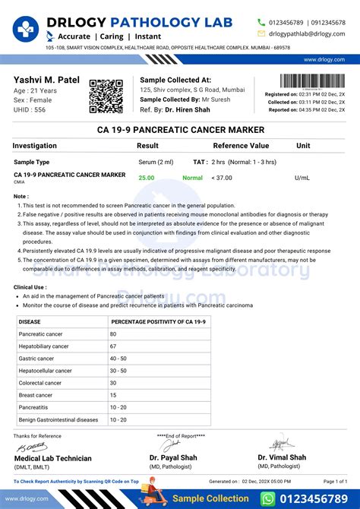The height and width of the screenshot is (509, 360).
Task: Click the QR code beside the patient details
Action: click(x=106, y=96)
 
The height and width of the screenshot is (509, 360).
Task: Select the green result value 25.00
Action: click(x=146, y=178)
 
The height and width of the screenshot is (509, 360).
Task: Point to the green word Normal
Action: click(x=192, y=178)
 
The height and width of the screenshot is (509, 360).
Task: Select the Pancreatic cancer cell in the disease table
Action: click(x=41, y=334)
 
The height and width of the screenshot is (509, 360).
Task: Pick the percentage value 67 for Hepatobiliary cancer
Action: click(x=113, y=346)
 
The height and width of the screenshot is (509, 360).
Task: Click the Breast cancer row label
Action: click(x=35, y=395)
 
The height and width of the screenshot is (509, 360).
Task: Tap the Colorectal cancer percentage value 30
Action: click(x=113, y=383)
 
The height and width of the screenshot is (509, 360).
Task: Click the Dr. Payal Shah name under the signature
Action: click(x=174, y=457)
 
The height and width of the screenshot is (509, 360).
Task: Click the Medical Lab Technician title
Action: click(x=53, y=458)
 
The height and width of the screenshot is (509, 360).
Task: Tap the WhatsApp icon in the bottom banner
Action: click(x=268, y=498)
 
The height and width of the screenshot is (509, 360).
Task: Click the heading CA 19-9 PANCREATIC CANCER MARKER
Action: click(x=180, y=130)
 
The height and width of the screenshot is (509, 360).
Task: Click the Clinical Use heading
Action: click(x=29, y=286)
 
